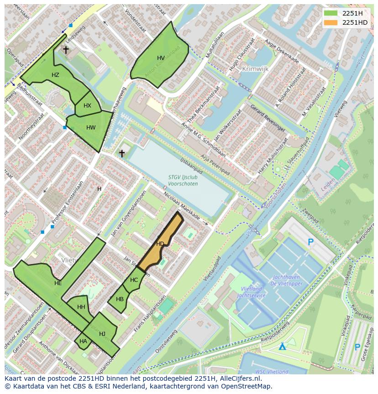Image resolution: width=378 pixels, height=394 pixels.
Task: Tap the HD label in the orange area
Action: pyautogui.click(x=160, y=244)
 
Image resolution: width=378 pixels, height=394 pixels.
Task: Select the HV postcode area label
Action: pyautogui.click(x=161, y=58)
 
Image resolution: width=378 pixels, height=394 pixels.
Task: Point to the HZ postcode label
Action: pyautogui.click(x=55, y=75)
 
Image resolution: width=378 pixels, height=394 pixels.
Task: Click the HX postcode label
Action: pyautogui.click(x=87, y=106)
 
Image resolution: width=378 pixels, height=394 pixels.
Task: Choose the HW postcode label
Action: pyautogui.click(x=91, y=128)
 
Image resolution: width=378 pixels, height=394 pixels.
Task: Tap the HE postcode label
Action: pyautogui.click(x=58, y=283)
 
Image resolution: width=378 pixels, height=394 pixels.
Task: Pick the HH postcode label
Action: pyautogui.click(x=81, y=307)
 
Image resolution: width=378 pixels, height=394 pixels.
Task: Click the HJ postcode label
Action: pyautogui.click(x=102, y=334)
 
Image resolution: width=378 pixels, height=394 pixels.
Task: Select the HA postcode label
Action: pyautogui.click(x=83, y=341)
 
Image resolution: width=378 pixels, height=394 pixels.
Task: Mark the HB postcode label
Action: pyautogui.click(x=120, y=299)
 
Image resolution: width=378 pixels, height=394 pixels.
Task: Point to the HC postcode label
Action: pyautogui.click(x=134, y=280)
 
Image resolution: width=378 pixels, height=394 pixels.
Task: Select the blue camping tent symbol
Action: pyautogui.click(x=283, y=346)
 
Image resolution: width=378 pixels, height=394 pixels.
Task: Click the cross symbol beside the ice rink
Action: pyautogui.click(x=122, y=153)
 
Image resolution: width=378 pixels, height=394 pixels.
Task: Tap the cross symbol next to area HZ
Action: pyautogui.click(x=66, y=49)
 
